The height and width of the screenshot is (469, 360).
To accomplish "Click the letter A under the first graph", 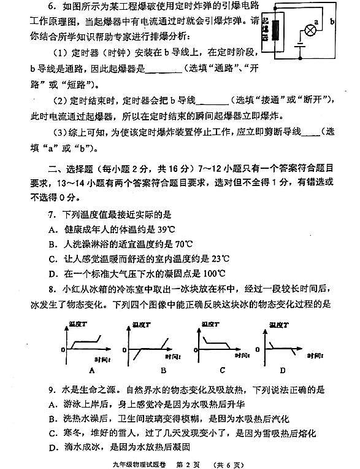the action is tap(91, 370).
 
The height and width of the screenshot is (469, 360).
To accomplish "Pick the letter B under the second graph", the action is tap(163, 370).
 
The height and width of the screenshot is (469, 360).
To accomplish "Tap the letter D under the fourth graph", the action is tap(282, 370).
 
